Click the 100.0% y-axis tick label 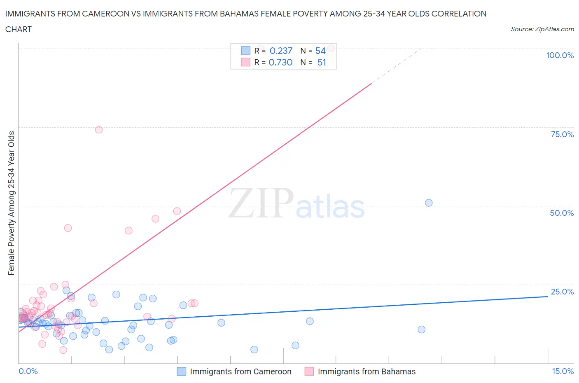560,56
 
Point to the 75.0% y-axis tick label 562,134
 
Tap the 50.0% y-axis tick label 562,213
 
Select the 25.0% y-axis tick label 562,292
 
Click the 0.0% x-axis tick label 28,371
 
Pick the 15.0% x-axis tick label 563,371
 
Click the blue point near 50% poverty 429,203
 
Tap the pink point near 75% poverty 99,130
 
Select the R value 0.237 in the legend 281,51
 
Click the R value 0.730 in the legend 280,62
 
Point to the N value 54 320,51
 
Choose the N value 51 322,62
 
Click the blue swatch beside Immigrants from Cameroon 182,371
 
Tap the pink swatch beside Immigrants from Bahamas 309,371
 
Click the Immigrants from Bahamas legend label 367,371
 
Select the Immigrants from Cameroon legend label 240,371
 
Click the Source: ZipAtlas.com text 542,29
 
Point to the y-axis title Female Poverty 11,203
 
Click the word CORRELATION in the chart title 458,14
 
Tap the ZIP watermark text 261,203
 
